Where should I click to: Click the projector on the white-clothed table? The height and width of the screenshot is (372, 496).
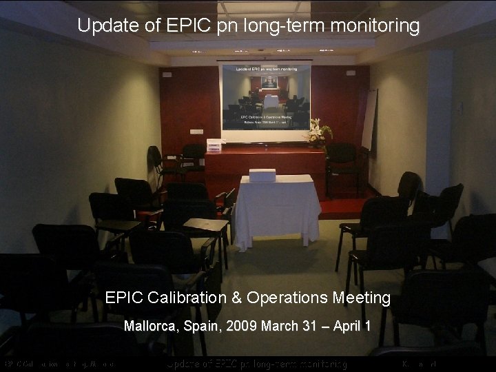(x=262, y=175)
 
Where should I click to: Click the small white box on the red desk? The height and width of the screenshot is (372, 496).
(x=216, y=145)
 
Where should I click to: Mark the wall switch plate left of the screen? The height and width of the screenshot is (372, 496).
(x=196, y=132)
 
